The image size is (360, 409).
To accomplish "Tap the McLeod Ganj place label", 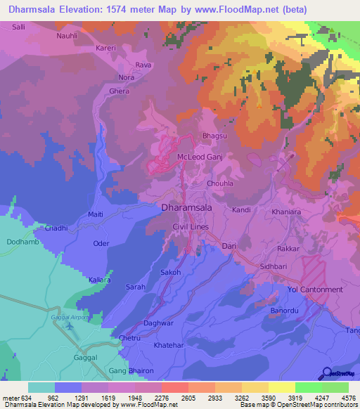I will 200,157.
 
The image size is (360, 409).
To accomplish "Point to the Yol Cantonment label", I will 314,290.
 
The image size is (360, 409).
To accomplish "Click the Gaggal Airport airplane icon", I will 69,325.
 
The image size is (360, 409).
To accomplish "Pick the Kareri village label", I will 106,48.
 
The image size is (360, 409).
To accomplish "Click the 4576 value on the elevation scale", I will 348,397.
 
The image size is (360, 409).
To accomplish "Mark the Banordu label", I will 285,310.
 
